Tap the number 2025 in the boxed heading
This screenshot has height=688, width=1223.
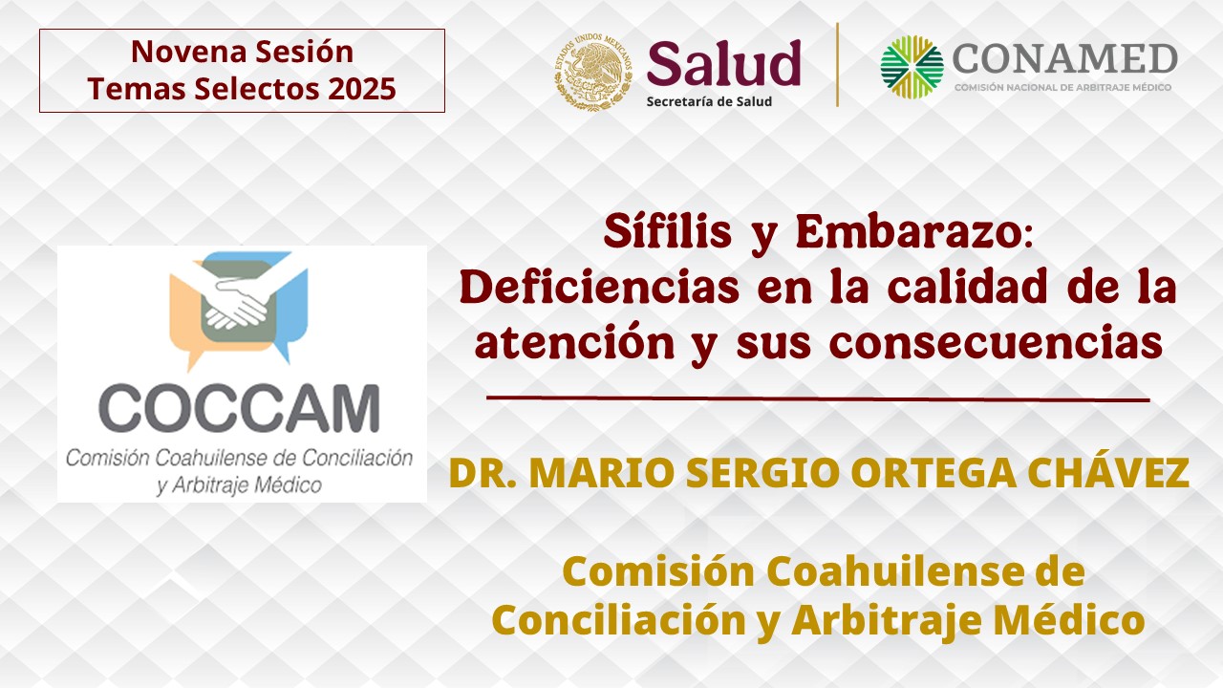tap(362, 89)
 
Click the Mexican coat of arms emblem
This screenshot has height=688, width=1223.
tap(593, 72)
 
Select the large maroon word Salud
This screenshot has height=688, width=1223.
tap(724, 63)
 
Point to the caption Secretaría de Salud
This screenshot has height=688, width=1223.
tap(709, 101)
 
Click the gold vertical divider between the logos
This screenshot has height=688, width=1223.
tap(838, 64)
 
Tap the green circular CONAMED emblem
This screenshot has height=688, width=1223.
tap(912, 67)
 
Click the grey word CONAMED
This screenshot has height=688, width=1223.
tap(1064, 58)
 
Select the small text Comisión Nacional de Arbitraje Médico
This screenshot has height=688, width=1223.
tap(1063, 87)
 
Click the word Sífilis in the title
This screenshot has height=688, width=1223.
tap(668, 231)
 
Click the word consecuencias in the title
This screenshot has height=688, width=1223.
tap(996, 343)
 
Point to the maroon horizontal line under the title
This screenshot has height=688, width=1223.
tap(818, 399)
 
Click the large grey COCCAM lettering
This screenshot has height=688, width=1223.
tap(239, 408)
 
